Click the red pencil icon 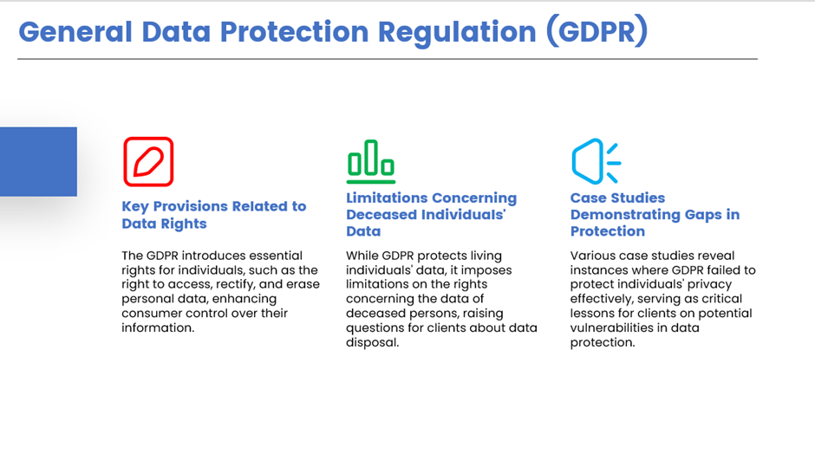[x=148, y=161]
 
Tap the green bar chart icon [x=370, y=161]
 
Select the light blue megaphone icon [x=596, y=161]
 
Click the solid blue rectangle [x=38, y=161]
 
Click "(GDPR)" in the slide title [x=597, y=32]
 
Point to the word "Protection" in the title [x=294, y=32]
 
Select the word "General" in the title [x=75, y=32]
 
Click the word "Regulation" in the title [x=456, y=33]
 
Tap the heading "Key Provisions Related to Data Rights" [x=213, y=215]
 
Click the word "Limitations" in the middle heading [x=386, y=198]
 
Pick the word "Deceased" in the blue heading [x=381, y=215]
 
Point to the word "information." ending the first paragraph [x=158, y=328]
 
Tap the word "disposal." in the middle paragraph [x=373, y=343]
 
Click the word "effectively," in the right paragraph [x=600, y=299]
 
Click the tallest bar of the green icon [x=370, y=158]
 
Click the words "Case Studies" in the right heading [x=617, y=198]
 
